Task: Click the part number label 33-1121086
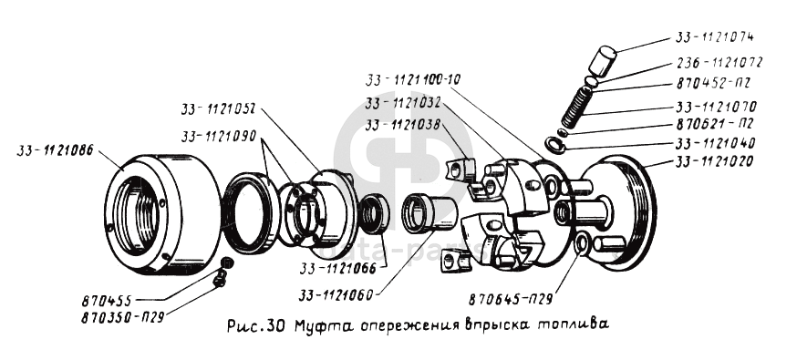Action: [x=55, y=151]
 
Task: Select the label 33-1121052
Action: [x=219, y=109]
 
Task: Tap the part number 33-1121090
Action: [x=219, y=137]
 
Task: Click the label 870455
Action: [x=107, y=301]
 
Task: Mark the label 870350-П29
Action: [x=122, y=317]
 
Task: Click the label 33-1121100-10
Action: [x=413, y=79]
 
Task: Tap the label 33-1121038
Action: [x=403, y=124]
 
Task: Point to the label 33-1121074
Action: [x=714, y=37]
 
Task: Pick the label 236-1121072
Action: [x=718, y=63]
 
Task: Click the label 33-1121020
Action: [x=714, y=161]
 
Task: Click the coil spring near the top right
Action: [x=575, y=107]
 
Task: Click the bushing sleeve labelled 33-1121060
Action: [x=429, y=211]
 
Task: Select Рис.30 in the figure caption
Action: [x=255, y=325]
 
